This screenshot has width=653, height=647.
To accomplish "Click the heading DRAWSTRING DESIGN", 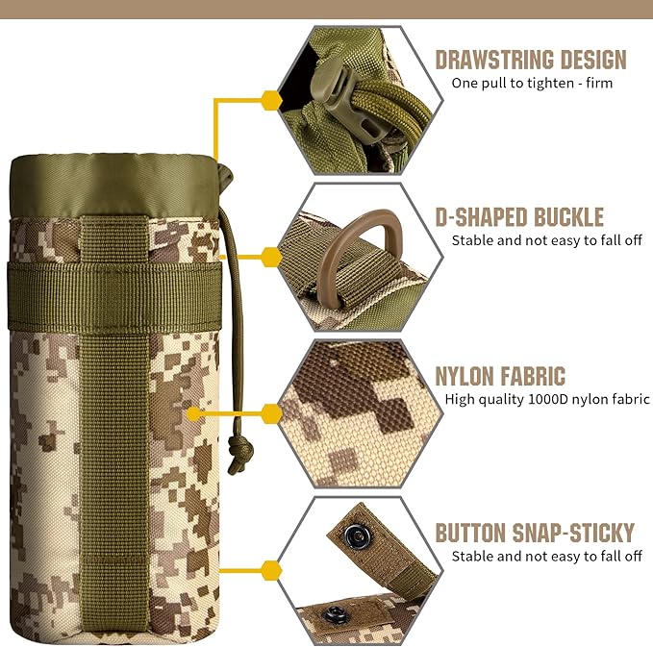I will click(x=530, y=60).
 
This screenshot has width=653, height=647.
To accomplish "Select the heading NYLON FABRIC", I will click(x=500, y=376).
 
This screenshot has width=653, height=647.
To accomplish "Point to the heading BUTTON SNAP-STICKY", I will click(x=535, y=533).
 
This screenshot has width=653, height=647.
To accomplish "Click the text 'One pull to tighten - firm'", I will click(x=532, y=83).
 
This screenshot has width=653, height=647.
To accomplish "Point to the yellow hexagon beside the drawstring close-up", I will click(x=271, y=99).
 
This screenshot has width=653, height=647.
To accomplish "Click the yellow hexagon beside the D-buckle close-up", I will click(x=271, y=256).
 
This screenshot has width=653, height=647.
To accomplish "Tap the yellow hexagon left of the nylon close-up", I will click(x=271, y=413).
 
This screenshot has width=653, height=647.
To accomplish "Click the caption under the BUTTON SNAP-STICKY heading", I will click(x=546, y=556).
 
